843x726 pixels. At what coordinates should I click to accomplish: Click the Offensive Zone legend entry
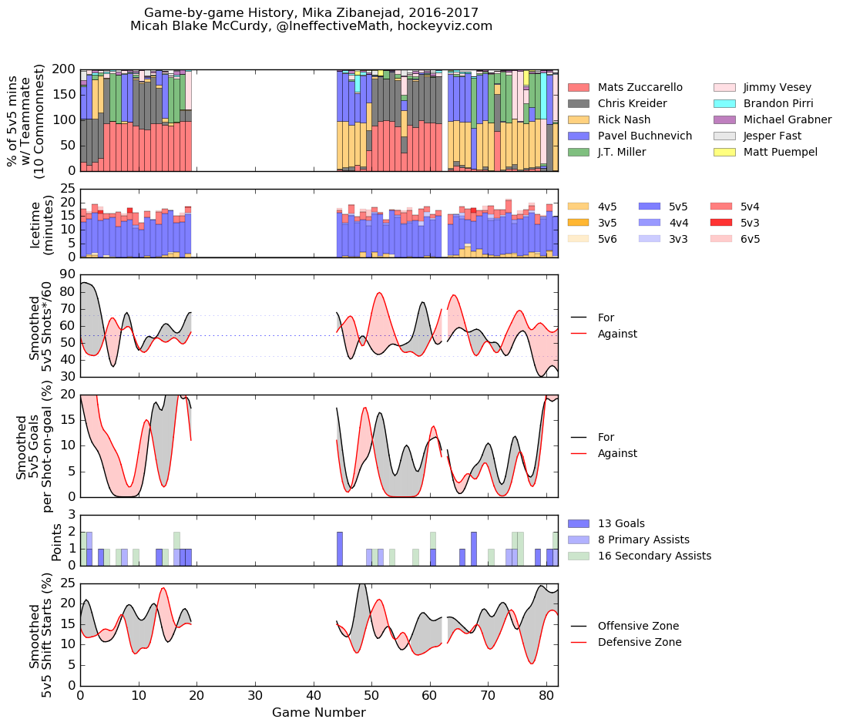pos(638,626)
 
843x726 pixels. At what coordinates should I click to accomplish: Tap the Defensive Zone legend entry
pos(640,642)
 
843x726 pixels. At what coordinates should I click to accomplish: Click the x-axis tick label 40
pos(313,696)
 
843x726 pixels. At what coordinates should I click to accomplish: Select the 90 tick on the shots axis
pos(65,274)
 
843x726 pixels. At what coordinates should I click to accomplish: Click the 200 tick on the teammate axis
pos(62,69)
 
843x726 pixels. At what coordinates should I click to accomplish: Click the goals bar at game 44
pos(340,548)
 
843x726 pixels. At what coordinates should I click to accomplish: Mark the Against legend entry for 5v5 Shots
pos(616,334)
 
